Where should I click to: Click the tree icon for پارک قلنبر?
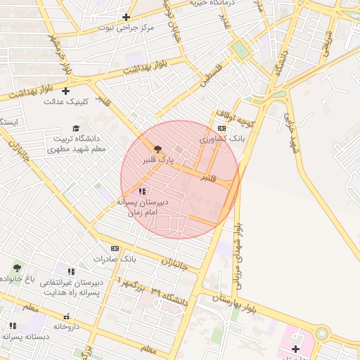tap(157, 149)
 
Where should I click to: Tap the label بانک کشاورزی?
tap(222, 139)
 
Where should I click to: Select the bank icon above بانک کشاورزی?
tap(222, 128)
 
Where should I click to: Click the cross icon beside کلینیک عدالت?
tap(66, 91)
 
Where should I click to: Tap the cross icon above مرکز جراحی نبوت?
tap(126, 17)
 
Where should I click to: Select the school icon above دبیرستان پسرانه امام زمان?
tap(142, 191)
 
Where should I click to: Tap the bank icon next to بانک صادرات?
tap(115, 248)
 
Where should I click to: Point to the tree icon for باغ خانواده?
tap(17, 268)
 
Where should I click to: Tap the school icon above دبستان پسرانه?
tap(13, 326)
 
